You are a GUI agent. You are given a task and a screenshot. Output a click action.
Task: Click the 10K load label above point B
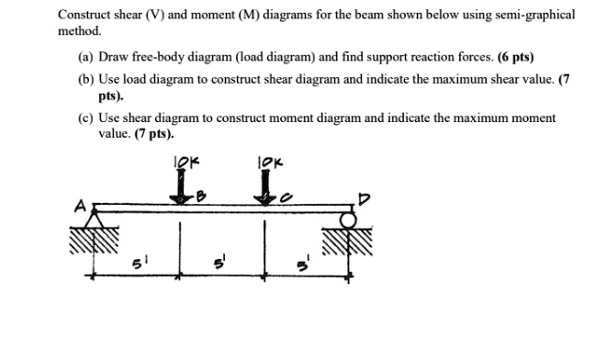click(x=184, y=163)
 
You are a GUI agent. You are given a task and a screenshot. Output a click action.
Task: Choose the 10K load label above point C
click(x=270, y=163)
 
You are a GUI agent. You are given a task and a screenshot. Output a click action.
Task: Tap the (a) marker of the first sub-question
click(x=85, y=56)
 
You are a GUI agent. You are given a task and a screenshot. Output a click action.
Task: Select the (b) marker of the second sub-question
click(x=85, y=80)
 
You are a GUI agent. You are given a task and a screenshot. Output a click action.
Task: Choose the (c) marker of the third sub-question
click(x=85, y=118)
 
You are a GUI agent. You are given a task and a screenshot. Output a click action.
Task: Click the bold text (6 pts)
click(x=513, y=56)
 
